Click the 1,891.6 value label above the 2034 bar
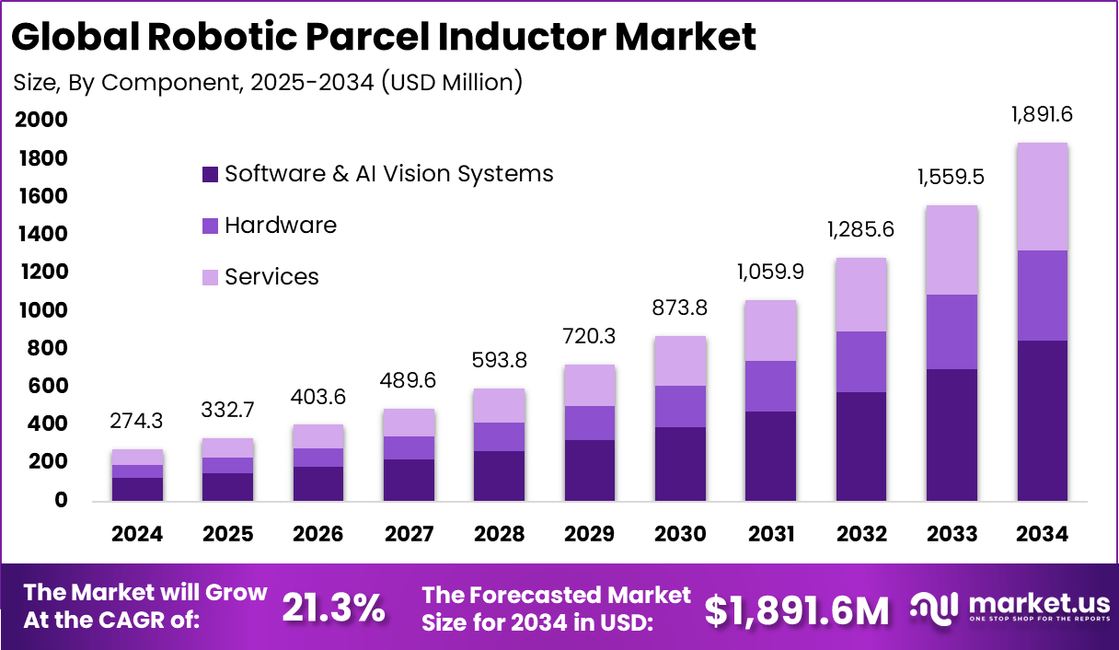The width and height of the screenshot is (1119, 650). [x=1042, y=115]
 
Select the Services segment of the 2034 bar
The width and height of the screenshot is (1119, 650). [x=1042, y=196]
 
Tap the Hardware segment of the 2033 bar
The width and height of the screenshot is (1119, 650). [x=952, y=331]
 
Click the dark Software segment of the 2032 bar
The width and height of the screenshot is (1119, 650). [x=861, y=446]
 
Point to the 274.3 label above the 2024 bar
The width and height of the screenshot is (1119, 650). [x=137, y=423]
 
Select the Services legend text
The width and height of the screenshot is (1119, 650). [x=271, y=276]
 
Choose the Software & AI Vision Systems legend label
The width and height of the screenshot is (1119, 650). [x=388, y=173]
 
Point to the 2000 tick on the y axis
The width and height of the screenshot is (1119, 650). [x=40, y=120]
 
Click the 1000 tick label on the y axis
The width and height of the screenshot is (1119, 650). [x=40, y=310]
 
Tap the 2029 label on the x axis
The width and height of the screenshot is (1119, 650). [x=590, y=534]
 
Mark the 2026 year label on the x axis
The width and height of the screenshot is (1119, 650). [x=318, y=534]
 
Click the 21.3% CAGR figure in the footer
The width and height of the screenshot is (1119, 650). [x=333, y=608]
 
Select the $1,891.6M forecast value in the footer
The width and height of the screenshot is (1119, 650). [x=797, y=609]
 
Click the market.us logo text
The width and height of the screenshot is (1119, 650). [x=1027, y=603]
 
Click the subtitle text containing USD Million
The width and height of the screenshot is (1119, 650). [x=268, y=82]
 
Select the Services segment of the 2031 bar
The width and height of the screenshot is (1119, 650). [x=770, y=331]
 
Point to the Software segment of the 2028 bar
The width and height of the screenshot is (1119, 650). [x=499, y=475]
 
